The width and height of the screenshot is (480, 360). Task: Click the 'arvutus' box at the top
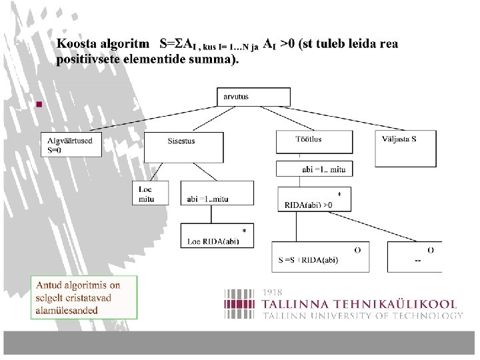pos(244,97)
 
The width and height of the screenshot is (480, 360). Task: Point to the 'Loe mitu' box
pos(150,193)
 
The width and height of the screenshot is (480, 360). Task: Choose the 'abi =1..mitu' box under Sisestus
pos(217,193)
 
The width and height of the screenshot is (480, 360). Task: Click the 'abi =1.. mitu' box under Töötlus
pos(314,169)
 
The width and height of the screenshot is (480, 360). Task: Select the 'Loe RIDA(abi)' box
pos(217,235)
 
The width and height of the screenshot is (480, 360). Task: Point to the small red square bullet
pos(39,105)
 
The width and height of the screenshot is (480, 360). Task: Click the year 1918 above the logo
pos(272,292)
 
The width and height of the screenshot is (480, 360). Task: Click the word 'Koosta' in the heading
pos(75,44)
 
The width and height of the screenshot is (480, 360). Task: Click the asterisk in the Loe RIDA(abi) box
pos(244,231)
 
